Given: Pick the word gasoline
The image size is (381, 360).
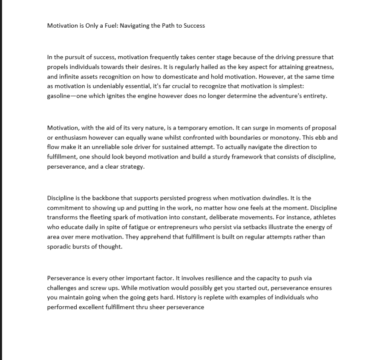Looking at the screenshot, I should coord(60,96).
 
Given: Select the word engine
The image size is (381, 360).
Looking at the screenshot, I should coord(159,96).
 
